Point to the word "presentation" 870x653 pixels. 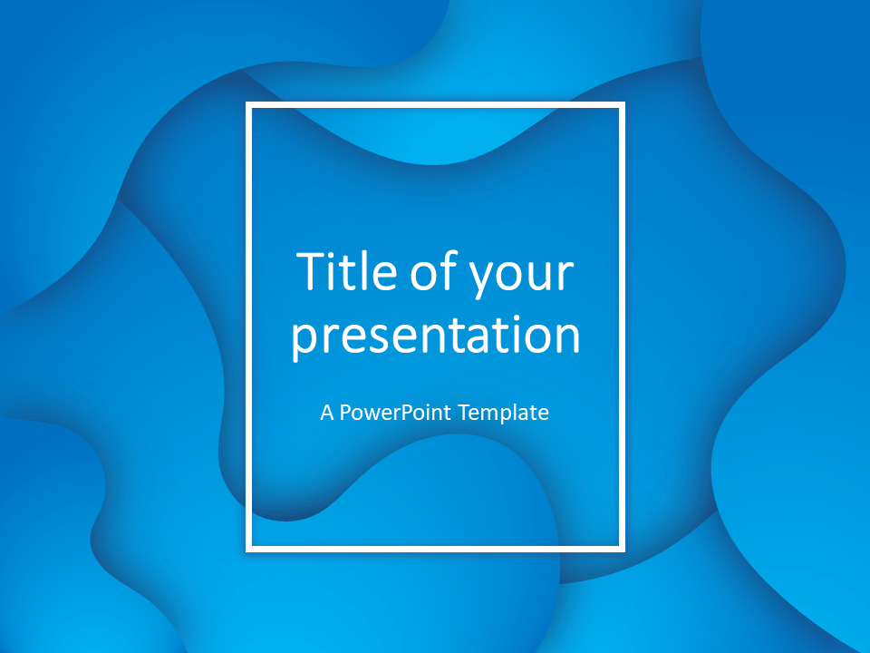pos(436,336)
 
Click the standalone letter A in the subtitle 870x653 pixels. pos(327,413)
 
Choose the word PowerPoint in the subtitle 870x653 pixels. pos(395,413)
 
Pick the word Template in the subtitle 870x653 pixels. pos(504,414)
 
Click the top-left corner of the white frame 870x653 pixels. pos(248,105)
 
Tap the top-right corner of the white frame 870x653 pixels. pos(622,105)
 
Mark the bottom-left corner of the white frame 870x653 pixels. pos(248,550)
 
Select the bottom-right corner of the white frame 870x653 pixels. pos(622,550)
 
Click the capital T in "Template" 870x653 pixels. pos(465,413)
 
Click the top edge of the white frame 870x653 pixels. pos(436,105)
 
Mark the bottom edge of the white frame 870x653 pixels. pos(436,550)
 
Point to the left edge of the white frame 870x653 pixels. pos(248,327)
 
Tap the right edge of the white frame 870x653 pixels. pos(622,327)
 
